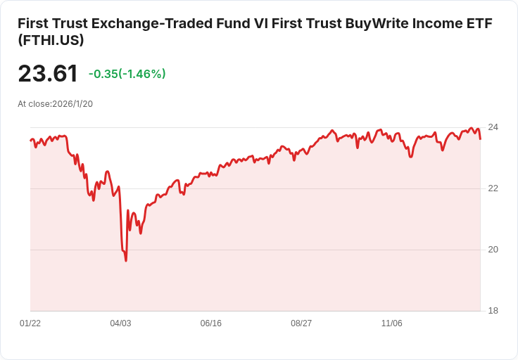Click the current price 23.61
coord(47,74)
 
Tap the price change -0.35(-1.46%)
coord(127,74)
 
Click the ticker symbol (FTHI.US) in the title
coord(51,40)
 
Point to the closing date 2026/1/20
coord(72,104)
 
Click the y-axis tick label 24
coord(493,127)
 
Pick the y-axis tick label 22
coord(493,188)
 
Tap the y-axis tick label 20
coord(493,250)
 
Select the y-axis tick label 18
coord(493,311)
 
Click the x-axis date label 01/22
coord(30,323)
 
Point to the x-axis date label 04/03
coord(120,323)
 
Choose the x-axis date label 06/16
coord(210,323)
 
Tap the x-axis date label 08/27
coord(301,323)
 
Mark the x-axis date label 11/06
coord(391,323)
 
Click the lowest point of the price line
coord(126,261)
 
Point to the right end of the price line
coord(480,139)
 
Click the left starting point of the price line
coord(30,141)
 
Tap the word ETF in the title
coord(479,22)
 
